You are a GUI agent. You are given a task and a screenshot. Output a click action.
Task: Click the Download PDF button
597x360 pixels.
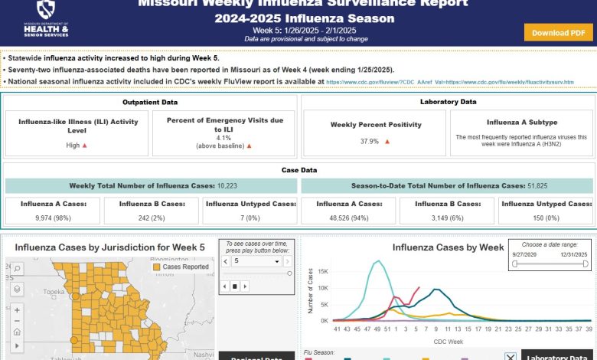559,32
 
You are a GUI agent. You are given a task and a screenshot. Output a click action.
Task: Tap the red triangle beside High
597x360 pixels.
85,146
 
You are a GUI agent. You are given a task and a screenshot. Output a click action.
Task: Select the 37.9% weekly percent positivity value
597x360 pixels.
369,142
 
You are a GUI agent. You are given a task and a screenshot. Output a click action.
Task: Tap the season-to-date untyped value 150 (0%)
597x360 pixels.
546,218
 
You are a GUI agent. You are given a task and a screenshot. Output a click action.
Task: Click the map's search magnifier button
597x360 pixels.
17,269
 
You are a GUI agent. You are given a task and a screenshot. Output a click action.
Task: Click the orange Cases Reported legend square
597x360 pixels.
156,268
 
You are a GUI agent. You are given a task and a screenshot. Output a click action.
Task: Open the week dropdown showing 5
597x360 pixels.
256,261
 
